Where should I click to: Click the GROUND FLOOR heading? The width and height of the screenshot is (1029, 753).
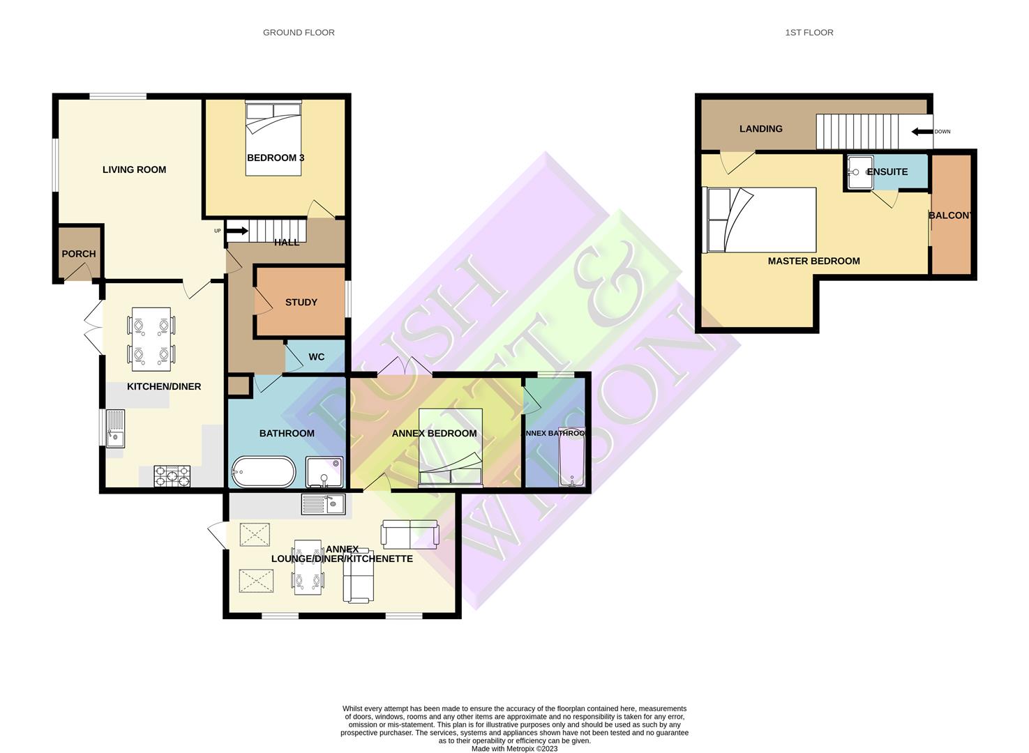click(299, 33)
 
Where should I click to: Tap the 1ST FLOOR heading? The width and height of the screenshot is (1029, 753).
click(809, 33)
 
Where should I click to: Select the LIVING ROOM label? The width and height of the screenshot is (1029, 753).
click(134, 169)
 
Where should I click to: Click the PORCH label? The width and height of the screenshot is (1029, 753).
click(79, 254)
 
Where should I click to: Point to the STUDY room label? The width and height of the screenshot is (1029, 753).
click(301, 302)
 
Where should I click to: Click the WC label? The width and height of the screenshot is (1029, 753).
click(316, 357)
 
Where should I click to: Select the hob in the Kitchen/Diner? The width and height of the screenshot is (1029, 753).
click(172, 476)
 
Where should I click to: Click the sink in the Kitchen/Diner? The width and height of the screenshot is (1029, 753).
click(114, 428)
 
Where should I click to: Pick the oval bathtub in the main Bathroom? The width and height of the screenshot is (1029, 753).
click(264, 472)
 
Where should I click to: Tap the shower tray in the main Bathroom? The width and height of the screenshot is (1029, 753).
click(324, 472)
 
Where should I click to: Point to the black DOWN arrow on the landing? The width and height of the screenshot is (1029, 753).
click(922, 131)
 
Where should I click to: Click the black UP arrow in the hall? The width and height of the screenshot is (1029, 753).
click(237, 231)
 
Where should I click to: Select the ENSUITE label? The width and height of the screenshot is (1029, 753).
click(887, 172)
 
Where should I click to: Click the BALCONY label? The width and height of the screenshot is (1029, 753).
click(950, 215)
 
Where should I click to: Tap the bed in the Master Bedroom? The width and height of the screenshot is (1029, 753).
click(760, 220)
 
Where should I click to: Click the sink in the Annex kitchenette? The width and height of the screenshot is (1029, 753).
click(324, 503)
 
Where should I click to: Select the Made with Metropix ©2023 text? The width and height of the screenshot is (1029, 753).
click(514, 749)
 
